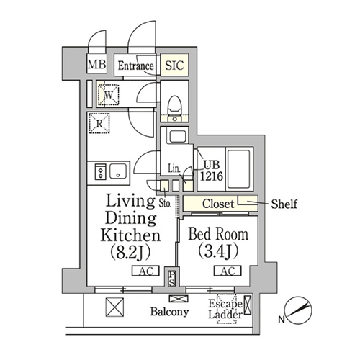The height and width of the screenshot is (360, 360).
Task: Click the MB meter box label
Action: coord(96,64)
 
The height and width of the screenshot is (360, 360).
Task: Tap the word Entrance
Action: coord(136,66)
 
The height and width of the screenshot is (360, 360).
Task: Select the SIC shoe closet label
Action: coord(174,66)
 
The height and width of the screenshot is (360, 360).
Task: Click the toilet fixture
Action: coord(174,109)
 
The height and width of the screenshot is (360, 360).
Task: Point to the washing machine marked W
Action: coord(109,94)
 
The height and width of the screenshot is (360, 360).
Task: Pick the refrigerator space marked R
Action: coord(99,123)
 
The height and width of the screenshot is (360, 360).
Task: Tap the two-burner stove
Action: coord(101,171)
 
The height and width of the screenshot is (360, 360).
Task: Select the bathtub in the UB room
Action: coord(239,169)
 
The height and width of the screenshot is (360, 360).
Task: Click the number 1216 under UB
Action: coord(212,176)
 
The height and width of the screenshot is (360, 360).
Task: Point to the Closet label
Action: coord(218,204)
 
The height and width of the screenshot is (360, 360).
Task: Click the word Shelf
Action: coord(284,204)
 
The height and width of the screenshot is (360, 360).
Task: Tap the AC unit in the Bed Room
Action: coord(228,271)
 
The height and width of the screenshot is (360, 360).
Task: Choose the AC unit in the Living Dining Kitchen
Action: coord(145,271)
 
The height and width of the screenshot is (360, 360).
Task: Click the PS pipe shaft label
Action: coord(171,279)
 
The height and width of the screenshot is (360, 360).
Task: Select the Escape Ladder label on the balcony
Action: coord(225,309)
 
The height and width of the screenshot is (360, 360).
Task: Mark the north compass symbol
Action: coord(298,310)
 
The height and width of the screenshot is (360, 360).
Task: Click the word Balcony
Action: coord(169,312)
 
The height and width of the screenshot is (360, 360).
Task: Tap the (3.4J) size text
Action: coord(218,251)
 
